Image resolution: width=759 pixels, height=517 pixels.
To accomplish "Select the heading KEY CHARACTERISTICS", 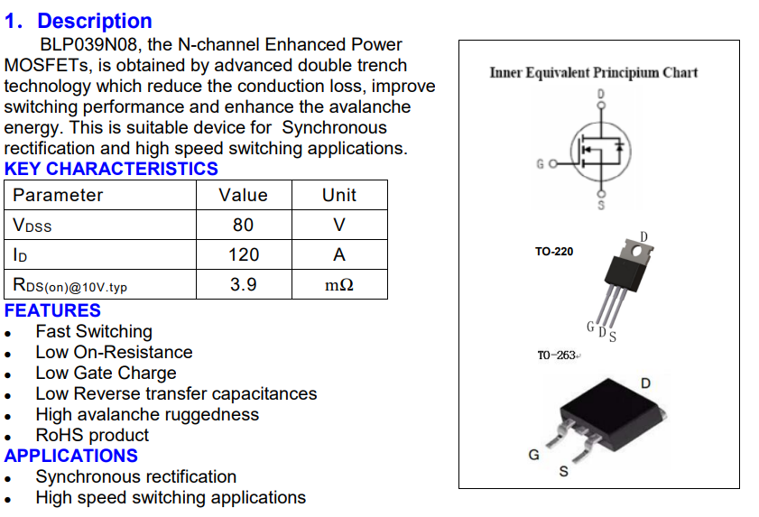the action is tap(111, 169).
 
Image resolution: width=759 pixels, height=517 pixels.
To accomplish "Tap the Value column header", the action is tap(244, 195).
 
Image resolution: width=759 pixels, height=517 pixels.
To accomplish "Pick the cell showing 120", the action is tap(244, 254).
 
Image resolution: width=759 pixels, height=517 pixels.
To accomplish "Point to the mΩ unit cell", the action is tap(339, 284).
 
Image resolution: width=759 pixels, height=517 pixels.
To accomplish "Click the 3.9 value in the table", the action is tap(244, 284).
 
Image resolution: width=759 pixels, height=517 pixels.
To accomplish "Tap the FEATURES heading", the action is tap(52, 310).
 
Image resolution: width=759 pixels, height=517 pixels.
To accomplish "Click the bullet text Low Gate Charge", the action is tap(106, 374).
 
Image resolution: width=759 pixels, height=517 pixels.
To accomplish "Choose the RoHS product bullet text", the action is tap(92, 435).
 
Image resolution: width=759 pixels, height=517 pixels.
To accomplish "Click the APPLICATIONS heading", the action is tap(71, 456).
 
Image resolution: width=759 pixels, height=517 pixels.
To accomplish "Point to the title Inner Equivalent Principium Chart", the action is tap(594, 72).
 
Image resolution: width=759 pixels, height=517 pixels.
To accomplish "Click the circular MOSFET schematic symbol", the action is tap(571, 150).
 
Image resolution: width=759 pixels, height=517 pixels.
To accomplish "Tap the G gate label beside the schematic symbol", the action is tap(541, 164).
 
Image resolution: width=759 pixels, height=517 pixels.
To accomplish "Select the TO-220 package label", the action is tap(554, 252).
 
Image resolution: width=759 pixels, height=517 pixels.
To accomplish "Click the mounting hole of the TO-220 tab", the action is tap(637, 251).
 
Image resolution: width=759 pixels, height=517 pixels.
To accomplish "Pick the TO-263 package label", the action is tap(557, 355).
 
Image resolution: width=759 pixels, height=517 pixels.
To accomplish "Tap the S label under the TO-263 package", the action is tap(563, 472).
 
